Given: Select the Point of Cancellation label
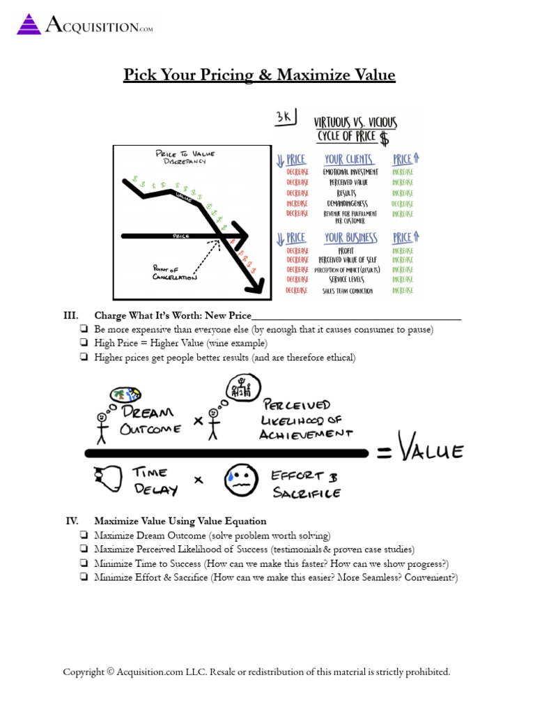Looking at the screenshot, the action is [x=173, y=272].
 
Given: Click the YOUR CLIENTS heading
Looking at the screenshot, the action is [x=349, y=159].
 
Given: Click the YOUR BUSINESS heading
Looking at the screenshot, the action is [x=350, y=238].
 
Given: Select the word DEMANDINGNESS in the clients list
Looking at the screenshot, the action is [x=350, y=204].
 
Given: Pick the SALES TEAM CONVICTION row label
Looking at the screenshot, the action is [x=348, y=291].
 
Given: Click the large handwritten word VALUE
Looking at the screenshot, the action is [x=430, y=453].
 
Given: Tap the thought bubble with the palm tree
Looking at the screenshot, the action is [x=127, y=395].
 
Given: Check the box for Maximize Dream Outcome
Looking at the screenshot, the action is [x=84, y=535].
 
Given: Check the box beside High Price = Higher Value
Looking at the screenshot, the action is [x=84, y=343].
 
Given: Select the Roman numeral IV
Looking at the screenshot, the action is [x=71, y=521].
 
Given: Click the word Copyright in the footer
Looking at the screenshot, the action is [x=83, y=672].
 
